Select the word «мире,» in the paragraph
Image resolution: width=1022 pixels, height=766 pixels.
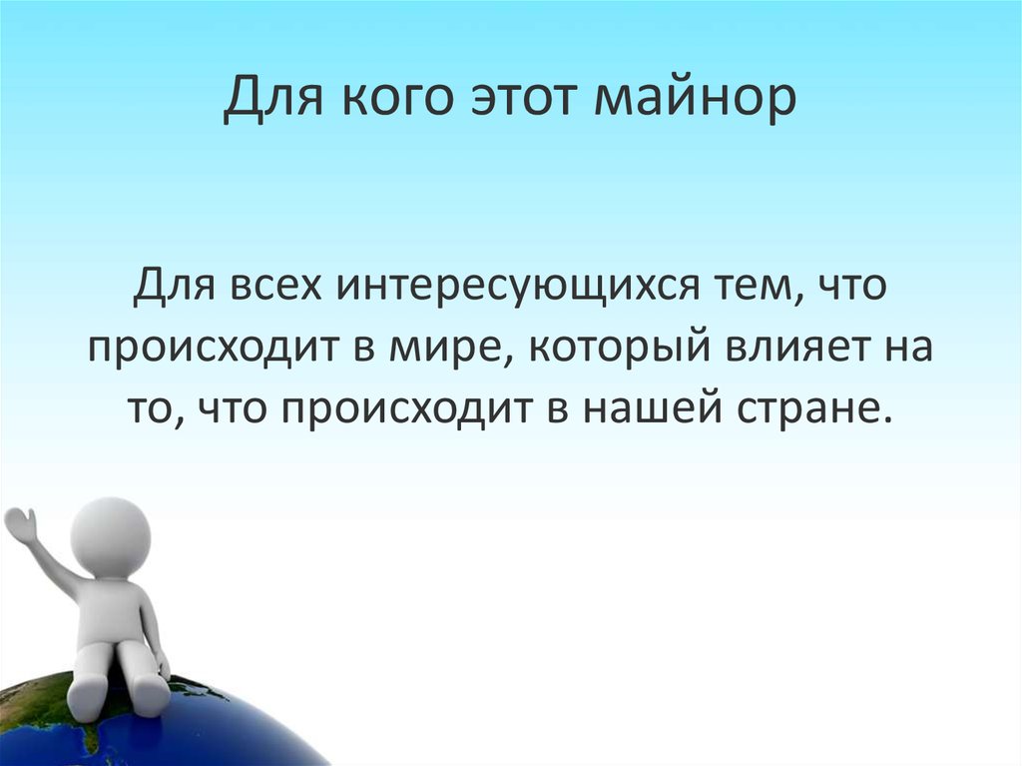click(444, 350)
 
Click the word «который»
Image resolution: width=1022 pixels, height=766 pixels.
click(601, 350)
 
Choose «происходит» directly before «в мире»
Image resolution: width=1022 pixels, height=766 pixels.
click(208, 350)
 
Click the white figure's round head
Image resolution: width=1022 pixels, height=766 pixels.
click(111, 534)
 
